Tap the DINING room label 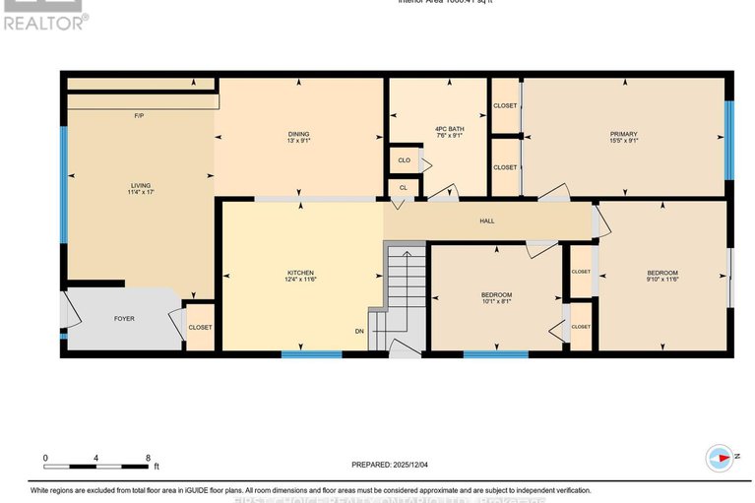pyautogui.click(x=298, y=134)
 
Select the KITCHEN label pyautogui.click(x=301, y=273)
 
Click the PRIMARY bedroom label pyautogui.click(x=623, y=134)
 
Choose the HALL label pyautogui.click(x=486, y=220)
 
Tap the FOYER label pyautogui.click(x=124, y=319)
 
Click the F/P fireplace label pyautogui.click(x=140, y=116)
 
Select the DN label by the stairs pyautogui.click(x=360, y=331)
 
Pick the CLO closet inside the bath pyautogui.click(x=405, y=159)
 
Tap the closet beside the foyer pyautogui.click(x=200, y=328)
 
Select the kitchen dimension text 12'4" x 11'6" pyautogui.click(x=301, y=281)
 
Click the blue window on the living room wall pyautogui.click(x=64, y=185)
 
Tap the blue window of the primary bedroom pyautogui.click(x=729, y=140)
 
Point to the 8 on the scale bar pyautogui.click(x=148, y=458)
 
